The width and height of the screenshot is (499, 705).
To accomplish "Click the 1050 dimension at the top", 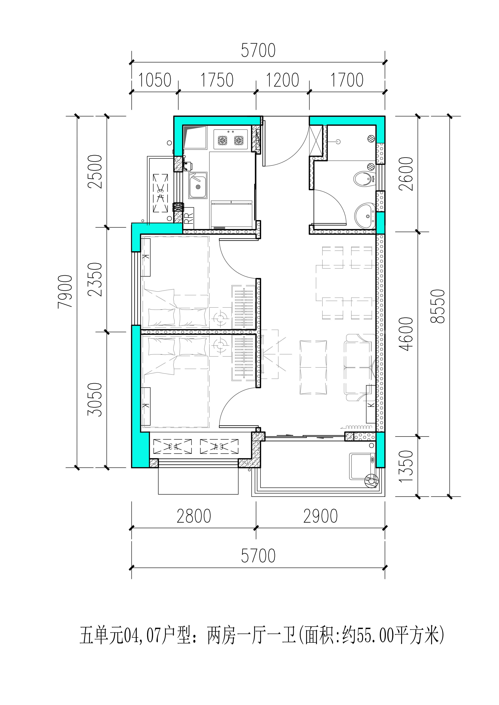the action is (x=155, y=80).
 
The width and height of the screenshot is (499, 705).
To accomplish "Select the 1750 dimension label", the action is (x=217, y=80).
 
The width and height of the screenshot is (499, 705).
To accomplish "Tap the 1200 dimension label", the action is (x=282, y=80).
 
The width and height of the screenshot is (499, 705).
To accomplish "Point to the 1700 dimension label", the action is (x=347, y=80).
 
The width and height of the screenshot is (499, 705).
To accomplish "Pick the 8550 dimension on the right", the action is (x=438, y=306).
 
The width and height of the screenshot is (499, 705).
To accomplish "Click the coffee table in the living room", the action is (x=313, y=367).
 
